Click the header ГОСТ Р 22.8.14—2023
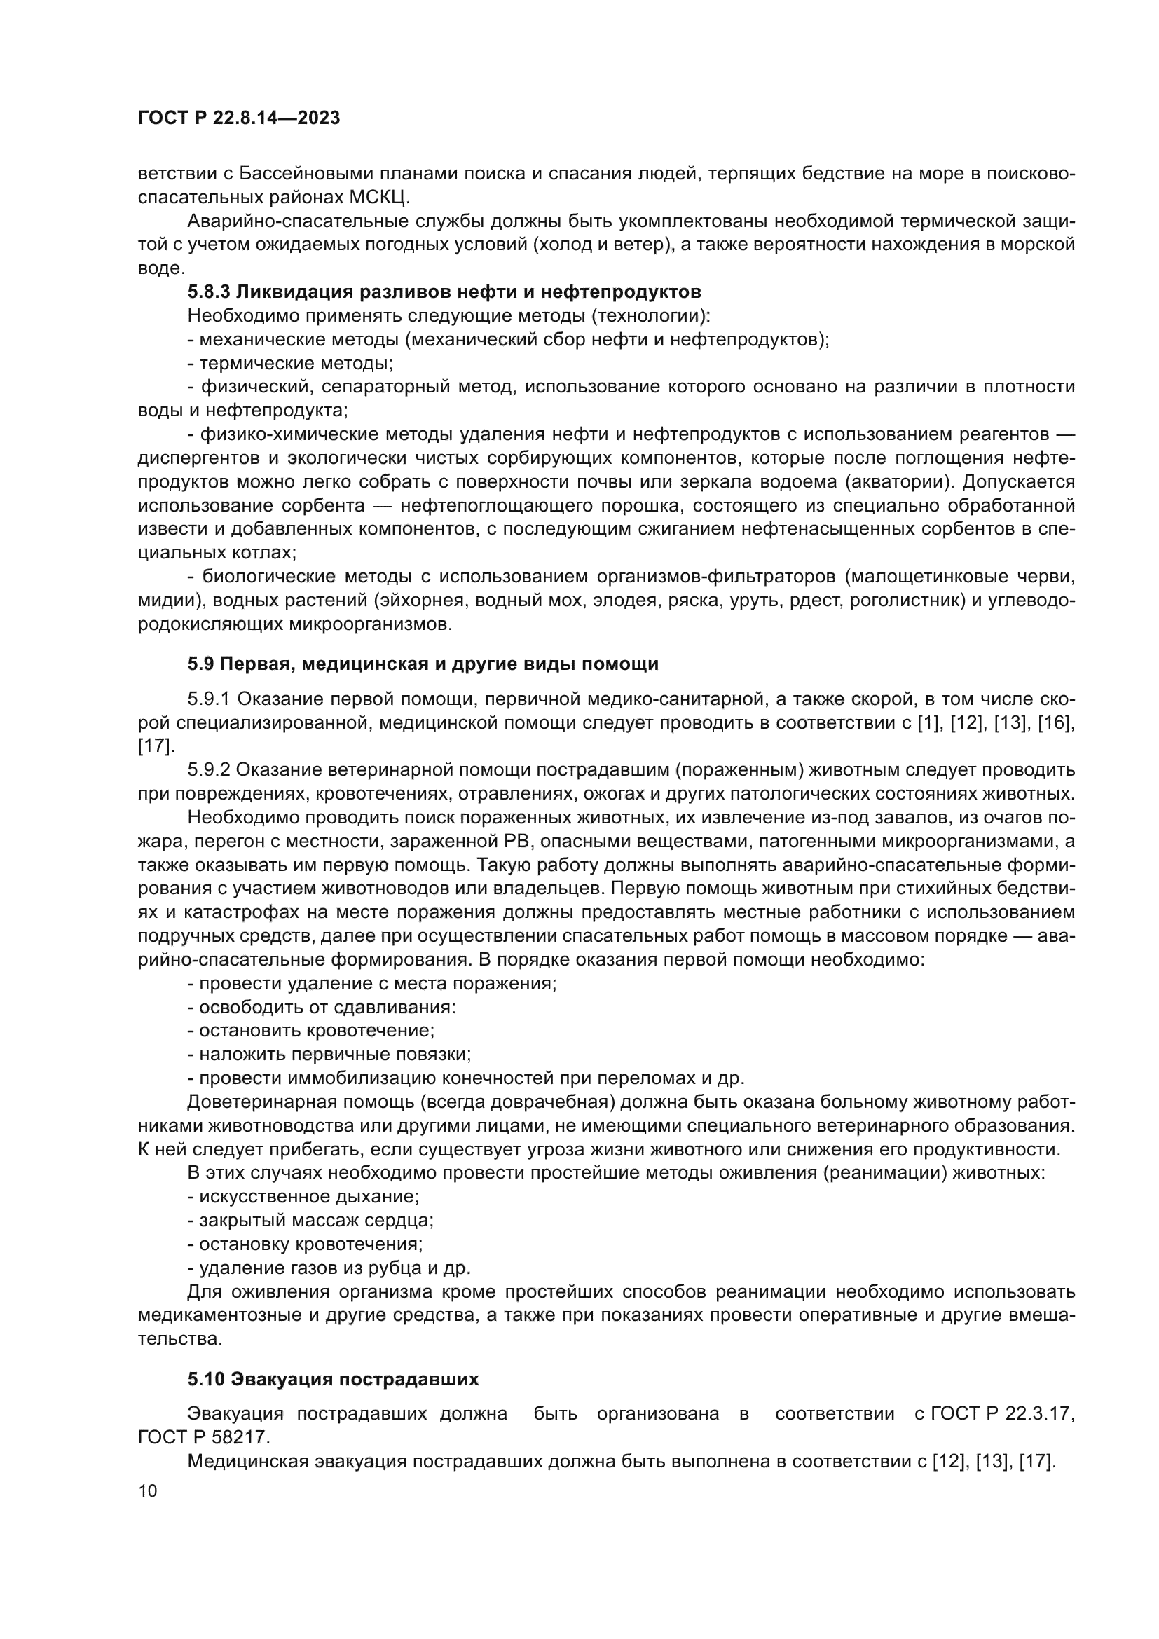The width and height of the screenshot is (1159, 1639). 238,118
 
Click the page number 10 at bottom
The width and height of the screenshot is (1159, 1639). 148,1491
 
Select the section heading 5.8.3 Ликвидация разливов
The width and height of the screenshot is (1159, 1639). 444,292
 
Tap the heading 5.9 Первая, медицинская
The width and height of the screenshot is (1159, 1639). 423,664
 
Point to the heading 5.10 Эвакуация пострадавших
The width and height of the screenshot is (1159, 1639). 333,1379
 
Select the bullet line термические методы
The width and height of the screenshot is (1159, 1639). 291,364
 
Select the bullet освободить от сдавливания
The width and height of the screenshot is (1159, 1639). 321,1007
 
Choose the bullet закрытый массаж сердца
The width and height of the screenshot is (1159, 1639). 310,1221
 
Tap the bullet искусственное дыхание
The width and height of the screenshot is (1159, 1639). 303,1196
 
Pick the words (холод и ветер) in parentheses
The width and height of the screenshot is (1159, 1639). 603,245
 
